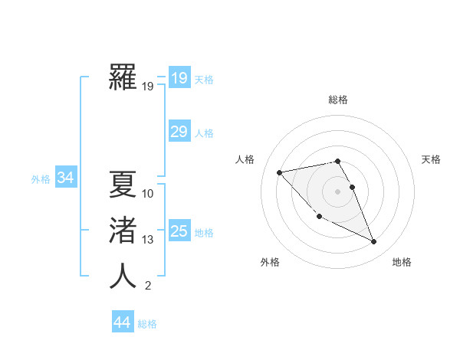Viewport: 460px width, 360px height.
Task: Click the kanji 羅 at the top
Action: click(x=123, y=78)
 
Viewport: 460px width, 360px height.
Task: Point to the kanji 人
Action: click(x=123, y=276)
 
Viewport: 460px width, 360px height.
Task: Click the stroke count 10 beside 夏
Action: click(x=148, y=193)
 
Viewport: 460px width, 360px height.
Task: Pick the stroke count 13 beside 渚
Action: click(x=148, y=240)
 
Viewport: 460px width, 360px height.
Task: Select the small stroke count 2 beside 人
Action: click(x=148, y=286)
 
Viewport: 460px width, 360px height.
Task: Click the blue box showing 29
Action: click(x=179, y=132)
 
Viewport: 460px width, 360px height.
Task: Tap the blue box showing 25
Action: click(x=179, y=231)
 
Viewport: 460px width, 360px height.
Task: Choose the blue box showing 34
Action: click(x=65, y=178)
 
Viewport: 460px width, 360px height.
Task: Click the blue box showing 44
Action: click(x=122, y=322)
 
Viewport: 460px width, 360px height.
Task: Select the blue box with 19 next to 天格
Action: click(x=179, y=77)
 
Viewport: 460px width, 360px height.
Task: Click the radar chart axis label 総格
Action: click(x=338, y=100)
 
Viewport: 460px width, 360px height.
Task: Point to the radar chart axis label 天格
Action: click(x=432, y=159)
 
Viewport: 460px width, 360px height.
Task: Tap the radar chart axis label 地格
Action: click(x=402, y=262)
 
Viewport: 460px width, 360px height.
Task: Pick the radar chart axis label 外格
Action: click(x=270, y=262)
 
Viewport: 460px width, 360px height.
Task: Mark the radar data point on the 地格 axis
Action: click(x=374, y=242)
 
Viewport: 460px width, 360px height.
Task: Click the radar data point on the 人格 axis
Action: click(x=279, y=172)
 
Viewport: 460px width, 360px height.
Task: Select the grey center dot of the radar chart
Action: click(x=338, y=191)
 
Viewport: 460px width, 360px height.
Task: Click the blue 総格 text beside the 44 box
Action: click(x=147, y=324)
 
